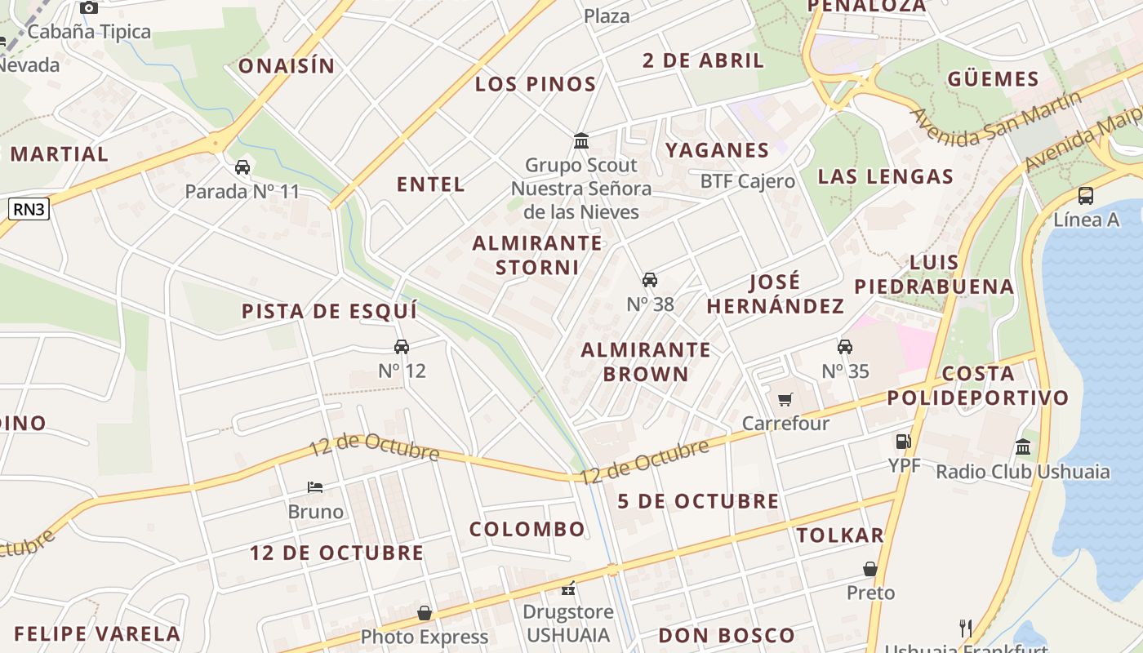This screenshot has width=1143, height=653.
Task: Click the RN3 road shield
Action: tap(29, 210)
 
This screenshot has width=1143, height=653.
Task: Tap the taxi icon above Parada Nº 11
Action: tap(242, 167)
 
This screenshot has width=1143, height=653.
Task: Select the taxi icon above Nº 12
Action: tap(402, 347)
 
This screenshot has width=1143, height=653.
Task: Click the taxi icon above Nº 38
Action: tap(650, 280)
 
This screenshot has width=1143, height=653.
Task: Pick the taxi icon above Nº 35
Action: tap(845, 347)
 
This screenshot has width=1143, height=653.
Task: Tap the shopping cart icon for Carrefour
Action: tap(785, 399)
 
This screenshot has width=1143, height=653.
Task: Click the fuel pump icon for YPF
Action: tap(904, 442)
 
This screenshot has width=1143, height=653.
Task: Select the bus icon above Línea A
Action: tap(1086, 196)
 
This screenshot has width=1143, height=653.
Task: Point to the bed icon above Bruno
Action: tap(315, 487)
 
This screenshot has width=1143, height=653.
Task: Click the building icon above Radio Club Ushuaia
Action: tap(1023, 446)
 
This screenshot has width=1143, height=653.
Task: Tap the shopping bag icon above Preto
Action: tap(870, 569)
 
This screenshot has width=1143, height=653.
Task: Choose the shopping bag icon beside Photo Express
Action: tap(425, 613)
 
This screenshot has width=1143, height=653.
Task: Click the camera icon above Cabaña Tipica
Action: tap(89, 8)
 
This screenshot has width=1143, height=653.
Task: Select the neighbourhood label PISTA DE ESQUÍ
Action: tap(329, 311)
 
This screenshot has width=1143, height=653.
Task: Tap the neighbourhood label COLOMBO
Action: tap(527, 529)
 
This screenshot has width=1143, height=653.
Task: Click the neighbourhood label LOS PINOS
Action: tap(536, 84)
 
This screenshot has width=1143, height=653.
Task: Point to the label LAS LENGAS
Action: tap(886, 176)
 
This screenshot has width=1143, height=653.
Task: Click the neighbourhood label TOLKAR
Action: tap(840, 535)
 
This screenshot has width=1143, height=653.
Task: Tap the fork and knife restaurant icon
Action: tap(966, 628)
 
